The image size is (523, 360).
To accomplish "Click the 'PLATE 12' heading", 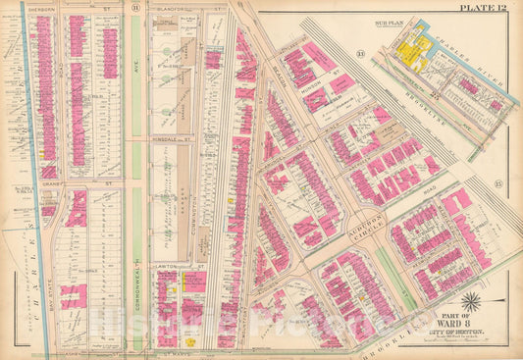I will (485, 8).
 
